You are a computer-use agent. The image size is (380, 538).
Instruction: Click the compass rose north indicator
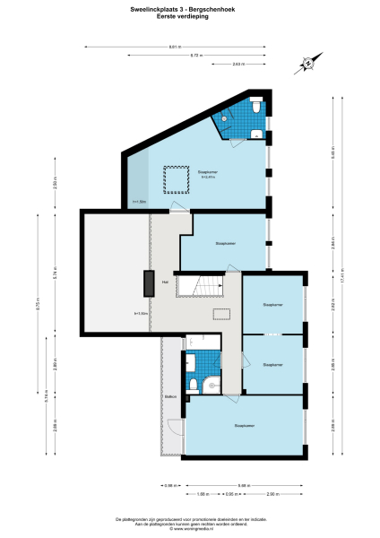pyautogui.click(x=306, y=63)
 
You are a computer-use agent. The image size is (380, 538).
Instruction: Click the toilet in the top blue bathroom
pyautogui.click(x=257, y=107)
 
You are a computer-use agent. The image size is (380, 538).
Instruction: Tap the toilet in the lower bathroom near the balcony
pyautogui.click(x=191, y=362)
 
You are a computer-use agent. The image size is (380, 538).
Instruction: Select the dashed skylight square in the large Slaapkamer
pyautogui.click(x=176, y=179)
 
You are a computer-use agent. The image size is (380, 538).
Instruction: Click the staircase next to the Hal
pyautogui.click(x=200, y=286)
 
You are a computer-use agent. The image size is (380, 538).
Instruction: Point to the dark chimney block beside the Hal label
pyautogui.click(x=147, y=283)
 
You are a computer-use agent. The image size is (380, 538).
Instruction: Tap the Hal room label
pyautogui.click(x=165, y=282)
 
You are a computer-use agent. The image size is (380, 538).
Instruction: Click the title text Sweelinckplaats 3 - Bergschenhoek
pyautogui.click(x=189, y=9)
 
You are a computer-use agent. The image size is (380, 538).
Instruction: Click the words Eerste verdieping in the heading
pyautogui.click(x=189, y=15)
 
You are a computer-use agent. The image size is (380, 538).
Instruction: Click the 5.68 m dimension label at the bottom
pyautogui.click(x=244, y=485)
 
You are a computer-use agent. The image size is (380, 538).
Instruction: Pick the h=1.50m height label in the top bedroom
pyautogui.click(x=138, y=203)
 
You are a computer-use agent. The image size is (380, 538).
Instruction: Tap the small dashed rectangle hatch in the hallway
pyautogui.click(x=220, y=314)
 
